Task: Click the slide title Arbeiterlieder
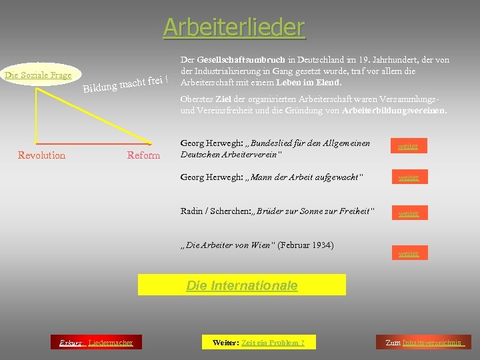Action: (x=234, y=27)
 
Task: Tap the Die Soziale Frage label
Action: (x=38, y=75)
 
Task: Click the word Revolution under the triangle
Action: (x=41, y=155)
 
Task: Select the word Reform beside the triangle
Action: (x=143, y=155)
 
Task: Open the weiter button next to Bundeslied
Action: (x=408, y=146)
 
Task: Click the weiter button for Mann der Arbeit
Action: (x=408, y=177)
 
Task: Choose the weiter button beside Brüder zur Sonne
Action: (x=408, y=213)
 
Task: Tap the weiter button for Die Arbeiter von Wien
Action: (x=408, y=253)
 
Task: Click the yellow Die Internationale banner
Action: (x=241, y=285)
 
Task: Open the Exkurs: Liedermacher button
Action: (x=95, y=343)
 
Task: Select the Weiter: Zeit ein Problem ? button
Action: (x=258, y=343)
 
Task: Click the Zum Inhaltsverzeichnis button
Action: (x=423, y=343)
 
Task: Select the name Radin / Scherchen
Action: (x=211, y=211)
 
